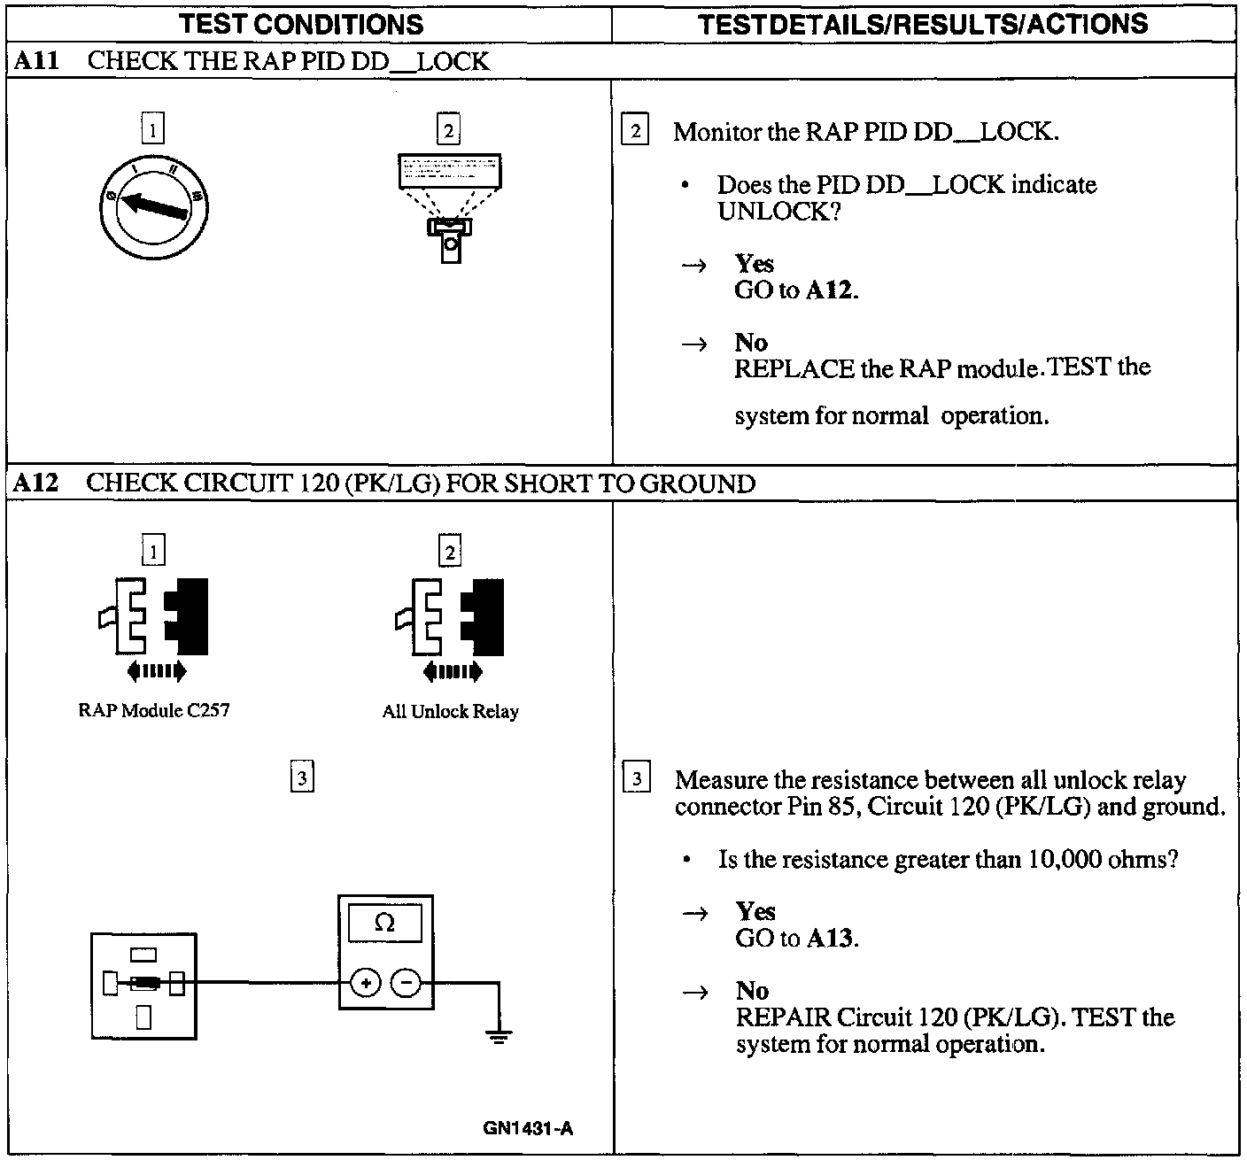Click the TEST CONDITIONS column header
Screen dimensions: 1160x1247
[302, 24]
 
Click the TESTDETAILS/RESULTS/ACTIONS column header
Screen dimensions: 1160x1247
[922, 24]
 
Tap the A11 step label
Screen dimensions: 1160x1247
[35, 61]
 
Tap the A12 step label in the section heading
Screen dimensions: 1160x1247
[36, 483]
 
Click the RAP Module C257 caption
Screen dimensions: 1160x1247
[153, 710]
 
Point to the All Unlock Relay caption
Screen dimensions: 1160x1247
[450, 711]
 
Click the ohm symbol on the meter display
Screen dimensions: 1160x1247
[384, 923]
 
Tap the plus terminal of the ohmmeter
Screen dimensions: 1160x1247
[366, 982]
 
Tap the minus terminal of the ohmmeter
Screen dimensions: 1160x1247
[406, 982]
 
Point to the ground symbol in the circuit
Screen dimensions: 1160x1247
[500, 1036]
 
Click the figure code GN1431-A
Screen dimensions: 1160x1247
[528, 1128]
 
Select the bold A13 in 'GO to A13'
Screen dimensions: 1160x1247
[831, 939]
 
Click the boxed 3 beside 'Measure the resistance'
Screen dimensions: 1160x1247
[637, 780]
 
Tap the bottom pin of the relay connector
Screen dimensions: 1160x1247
[143, 1018]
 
